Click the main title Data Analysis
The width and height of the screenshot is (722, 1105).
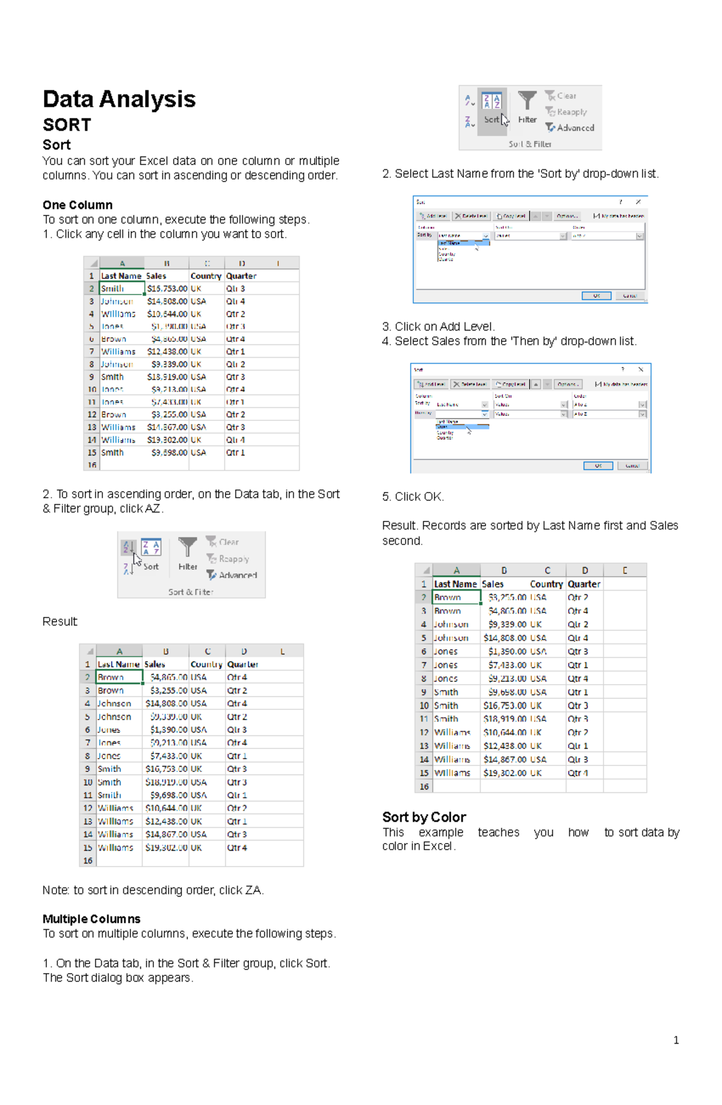119,99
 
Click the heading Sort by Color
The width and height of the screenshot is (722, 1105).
424,817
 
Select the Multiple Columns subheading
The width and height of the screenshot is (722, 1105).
91,919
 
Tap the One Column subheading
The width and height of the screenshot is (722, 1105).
78,205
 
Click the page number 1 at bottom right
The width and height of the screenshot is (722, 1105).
676,1040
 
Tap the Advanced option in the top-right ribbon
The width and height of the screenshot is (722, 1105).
575,128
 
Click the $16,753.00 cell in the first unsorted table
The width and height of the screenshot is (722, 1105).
167,288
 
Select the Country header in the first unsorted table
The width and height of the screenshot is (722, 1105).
206,276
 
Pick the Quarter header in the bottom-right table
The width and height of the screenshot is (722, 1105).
584,584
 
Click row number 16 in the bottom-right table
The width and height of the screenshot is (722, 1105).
424,786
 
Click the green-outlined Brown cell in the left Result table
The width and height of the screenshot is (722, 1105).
119,677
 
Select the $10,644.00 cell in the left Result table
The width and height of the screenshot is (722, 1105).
166,808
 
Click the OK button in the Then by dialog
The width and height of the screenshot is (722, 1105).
598,465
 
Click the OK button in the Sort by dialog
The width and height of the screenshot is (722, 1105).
596,296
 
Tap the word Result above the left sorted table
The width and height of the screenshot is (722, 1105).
60,621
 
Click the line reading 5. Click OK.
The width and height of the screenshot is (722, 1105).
413,497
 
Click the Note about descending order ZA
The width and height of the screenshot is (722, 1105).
153,890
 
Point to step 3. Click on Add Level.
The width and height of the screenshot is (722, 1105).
439,326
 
